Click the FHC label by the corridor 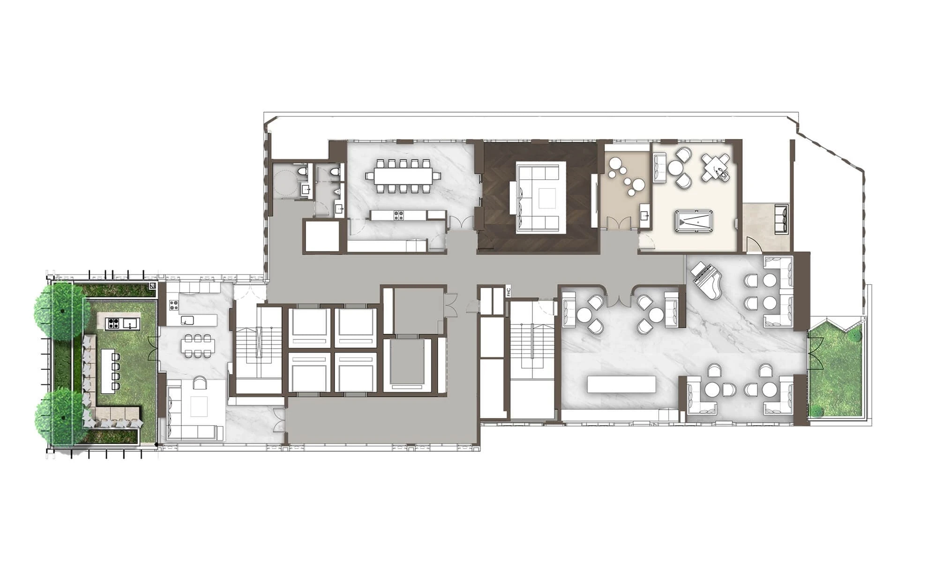508,293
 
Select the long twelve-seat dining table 404,176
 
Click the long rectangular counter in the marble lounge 621,384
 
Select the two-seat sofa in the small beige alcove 782,219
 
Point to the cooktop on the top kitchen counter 398,215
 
